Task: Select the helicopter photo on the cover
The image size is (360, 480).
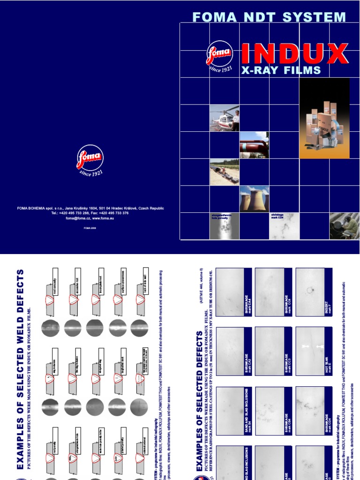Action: [224, 118]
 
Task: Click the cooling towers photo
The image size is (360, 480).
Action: [254, 198]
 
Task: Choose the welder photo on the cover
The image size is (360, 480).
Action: [344, 225]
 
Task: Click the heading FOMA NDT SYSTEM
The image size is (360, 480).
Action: [269, 17]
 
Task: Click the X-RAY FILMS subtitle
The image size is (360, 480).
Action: [280, 71]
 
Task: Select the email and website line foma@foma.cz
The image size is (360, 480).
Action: [90, 218]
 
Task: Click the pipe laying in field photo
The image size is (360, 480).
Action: [224, 172]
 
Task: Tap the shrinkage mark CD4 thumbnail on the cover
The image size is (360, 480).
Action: [284, 226]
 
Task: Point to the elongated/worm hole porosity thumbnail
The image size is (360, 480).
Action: [224, 226]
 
